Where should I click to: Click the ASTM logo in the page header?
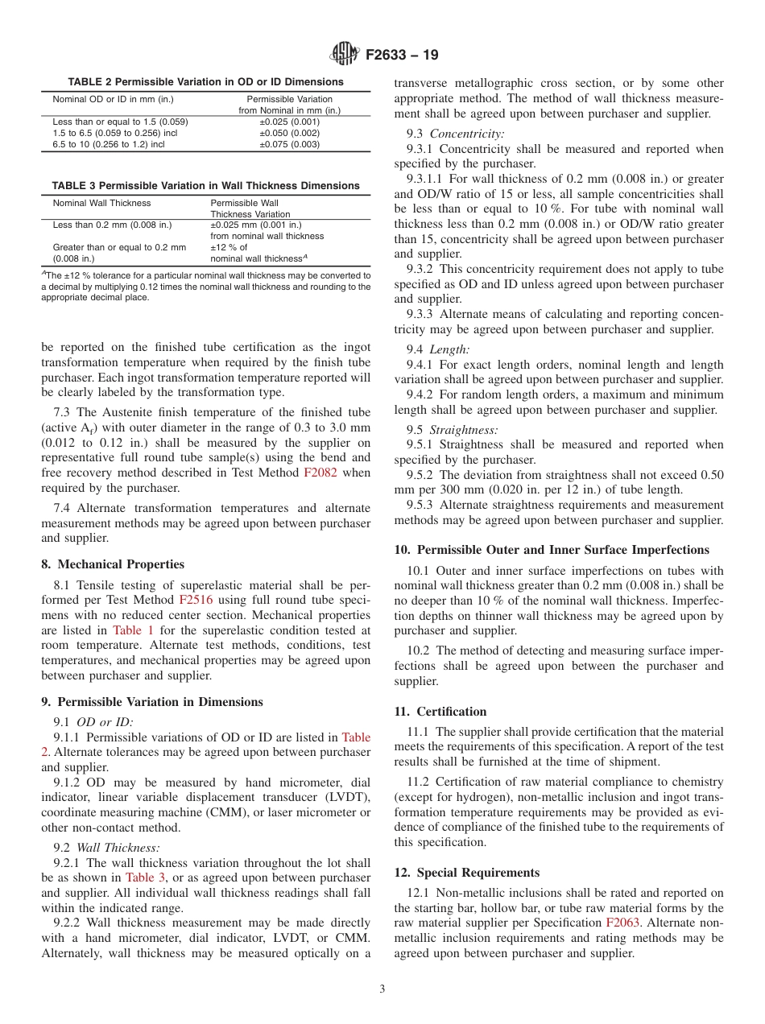click(344, 56)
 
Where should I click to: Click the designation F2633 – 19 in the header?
click(402, 56)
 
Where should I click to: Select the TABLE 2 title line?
click(205, 82)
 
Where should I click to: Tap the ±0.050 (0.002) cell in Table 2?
click(289, 133)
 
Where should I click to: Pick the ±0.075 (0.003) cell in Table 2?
click(289, 144)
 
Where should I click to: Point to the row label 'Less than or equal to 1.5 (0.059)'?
click(120, 122)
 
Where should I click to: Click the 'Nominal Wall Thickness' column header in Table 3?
click(101, 203)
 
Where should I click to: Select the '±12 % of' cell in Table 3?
click(229, 247)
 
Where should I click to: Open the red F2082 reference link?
click(319, 473)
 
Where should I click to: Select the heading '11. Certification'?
click(440, 712)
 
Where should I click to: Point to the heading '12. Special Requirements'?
click(467, 873)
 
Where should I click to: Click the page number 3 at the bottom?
click(382, 989)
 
